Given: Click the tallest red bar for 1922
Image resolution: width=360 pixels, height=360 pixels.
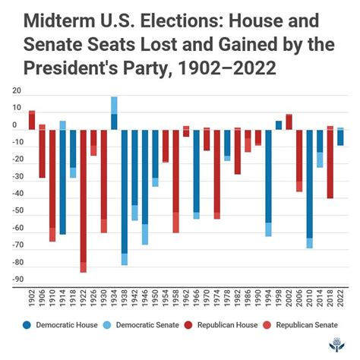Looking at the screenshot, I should coord(84,201).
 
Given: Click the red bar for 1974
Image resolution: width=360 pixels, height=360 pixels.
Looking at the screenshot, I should coord(216,174).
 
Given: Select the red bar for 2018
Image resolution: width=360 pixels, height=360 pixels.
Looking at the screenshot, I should coord(330,163).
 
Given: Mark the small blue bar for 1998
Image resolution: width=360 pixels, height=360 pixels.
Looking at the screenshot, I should coord(279,125).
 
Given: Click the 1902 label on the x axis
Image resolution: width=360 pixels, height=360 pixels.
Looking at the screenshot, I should coord(32,298).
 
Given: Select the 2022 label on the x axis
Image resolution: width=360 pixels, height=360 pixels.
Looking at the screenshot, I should coord(340,298).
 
